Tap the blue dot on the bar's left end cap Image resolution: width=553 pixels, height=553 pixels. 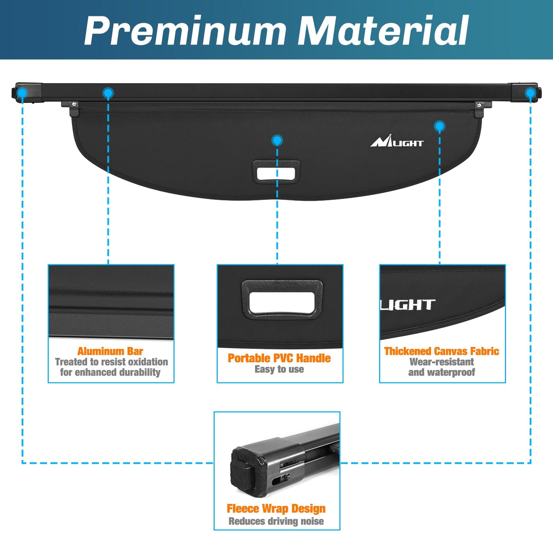pos(22,93)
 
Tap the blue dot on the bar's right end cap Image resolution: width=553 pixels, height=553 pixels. pos(530,93)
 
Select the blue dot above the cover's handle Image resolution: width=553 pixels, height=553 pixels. pos(277,140)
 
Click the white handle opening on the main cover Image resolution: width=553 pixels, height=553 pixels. pos(276,173)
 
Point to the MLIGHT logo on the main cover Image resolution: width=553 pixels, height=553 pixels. pos(397,143)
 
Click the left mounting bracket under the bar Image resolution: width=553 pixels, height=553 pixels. pos(73,108)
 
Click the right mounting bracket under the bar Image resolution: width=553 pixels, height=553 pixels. pos(479,108)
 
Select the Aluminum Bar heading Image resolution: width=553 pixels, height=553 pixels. pos(110,351)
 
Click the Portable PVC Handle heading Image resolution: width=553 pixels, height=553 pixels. pos(279,358)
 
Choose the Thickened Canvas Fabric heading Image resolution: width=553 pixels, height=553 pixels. pos(441,351)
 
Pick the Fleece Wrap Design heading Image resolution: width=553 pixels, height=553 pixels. pos(276,508)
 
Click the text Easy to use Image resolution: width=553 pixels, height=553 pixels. pos(279,369)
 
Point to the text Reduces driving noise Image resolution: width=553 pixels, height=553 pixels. pos(276,521)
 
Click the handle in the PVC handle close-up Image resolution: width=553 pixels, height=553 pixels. pos(282,299)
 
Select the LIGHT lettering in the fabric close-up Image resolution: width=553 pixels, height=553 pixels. pos(408,305)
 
